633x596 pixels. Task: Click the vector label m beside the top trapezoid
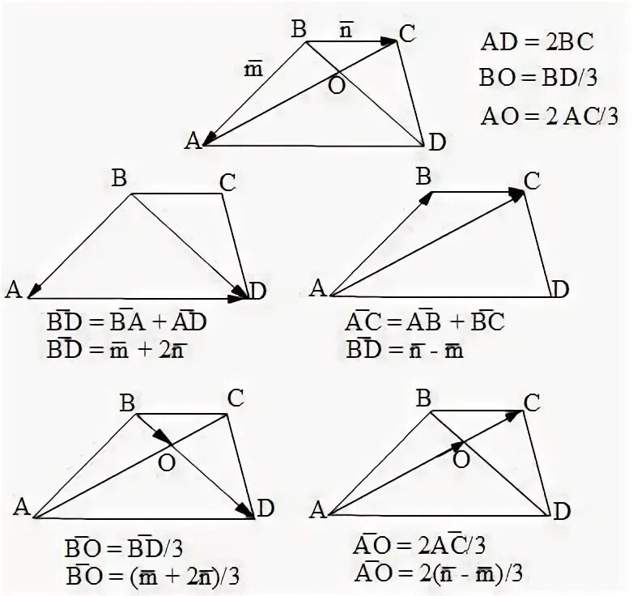253,70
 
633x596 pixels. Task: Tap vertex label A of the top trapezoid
193,141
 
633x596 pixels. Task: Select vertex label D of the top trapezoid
437,143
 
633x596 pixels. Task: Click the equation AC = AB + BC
425,322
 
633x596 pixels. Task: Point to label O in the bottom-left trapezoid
167,462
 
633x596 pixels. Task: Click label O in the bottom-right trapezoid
461,459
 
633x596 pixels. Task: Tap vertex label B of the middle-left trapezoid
119,178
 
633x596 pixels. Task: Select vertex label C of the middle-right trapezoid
531,181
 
